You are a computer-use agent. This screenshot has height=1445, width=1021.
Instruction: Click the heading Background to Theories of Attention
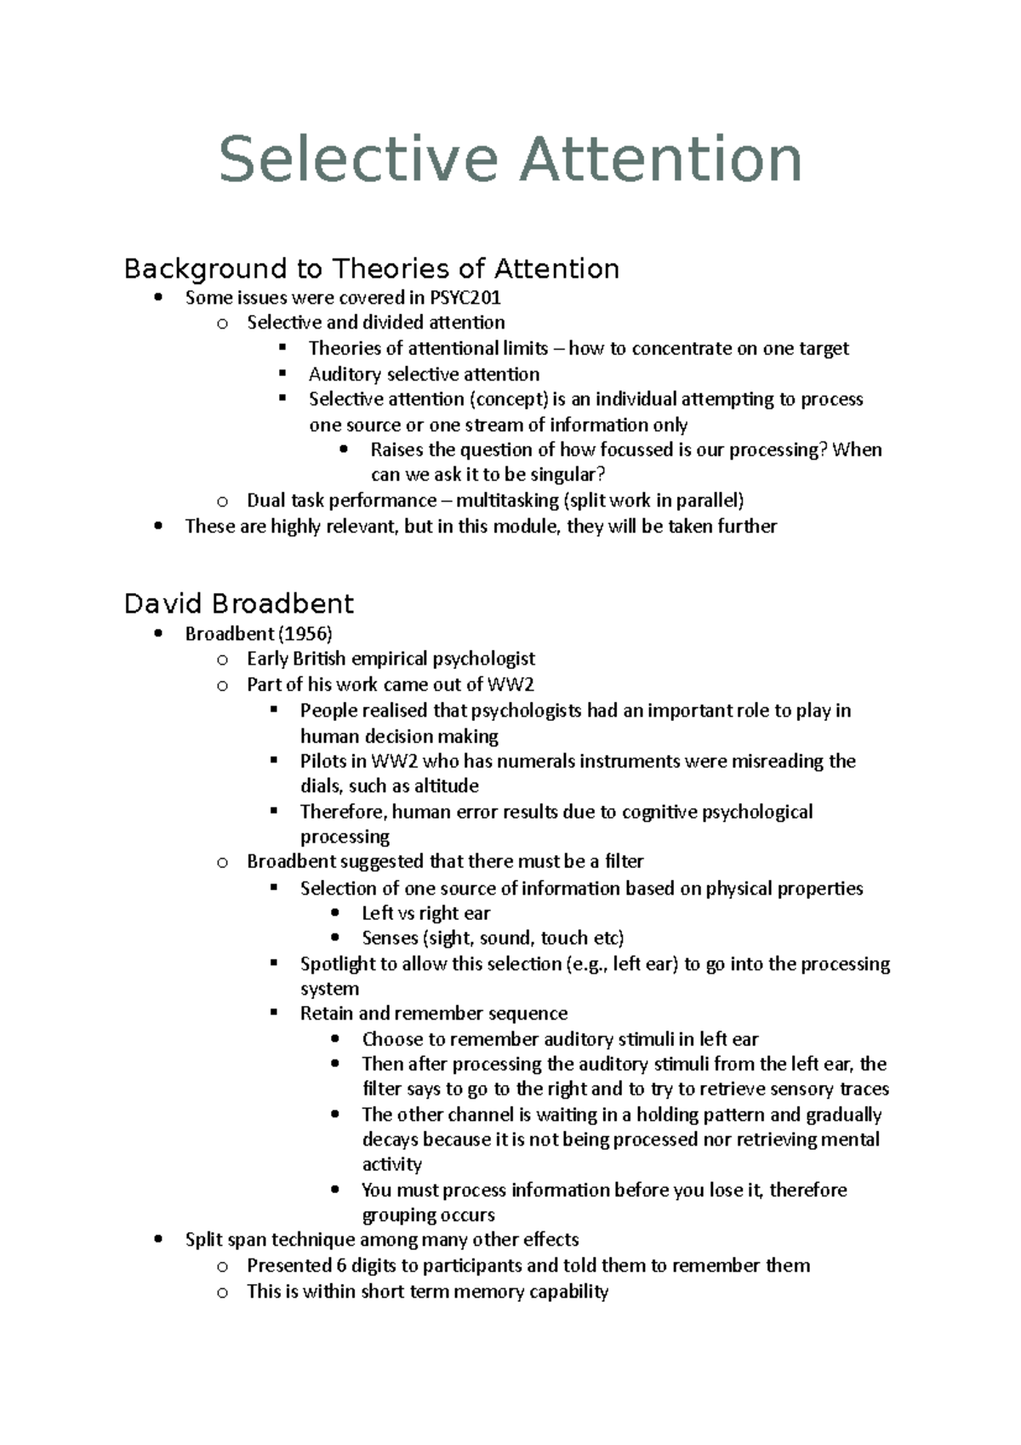(x=371, y=269)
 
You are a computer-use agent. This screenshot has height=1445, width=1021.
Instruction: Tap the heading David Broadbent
(x=238, y=603)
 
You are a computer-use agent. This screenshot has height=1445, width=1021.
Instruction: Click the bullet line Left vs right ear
(x=425, y=913)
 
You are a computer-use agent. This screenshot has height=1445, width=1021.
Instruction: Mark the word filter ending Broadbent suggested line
(x=624, y=861)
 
